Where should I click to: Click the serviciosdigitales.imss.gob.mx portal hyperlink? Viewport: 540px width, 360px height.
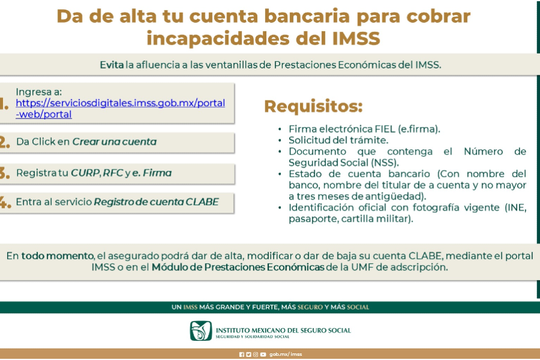click(120, 108)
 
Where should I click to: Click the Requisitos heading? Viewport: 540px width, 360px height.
click(313, 106)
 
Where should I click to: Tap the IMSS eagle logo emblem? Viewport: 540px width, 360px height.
click(201, 331)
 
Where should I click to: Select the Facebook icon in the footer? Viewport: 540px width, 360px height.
click(242, 355)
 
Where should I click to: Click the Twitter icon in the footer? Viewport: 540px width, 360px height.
click(248, 355)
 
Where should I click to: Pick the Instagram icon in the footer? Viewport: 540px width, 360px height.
click(256, 355)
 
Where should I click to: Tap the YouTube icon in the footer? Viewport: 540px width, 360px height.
click(263, 355)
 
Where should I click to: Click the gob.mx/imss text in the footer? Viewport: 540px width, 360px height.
click(286, 354)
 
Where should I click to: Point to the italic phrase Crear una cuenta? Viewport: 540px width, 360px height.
click(114, 142)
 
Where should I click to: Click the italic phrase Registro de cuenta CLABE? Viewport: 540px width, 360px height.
click(156, 202)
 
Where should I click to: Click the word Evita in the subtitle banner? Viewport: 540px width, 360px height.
click(112, 65)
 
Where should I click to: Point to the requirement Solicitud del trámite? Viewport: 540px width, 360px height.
click(339, 140)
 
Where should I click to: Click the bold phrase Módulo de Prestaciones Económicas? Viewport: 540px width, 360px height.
click(238, 267)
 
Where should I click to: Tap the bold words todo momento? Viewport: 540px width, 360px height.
click(58, 255)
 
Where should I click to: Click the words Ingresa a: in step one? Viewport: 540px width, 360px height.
click(39, 92)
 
